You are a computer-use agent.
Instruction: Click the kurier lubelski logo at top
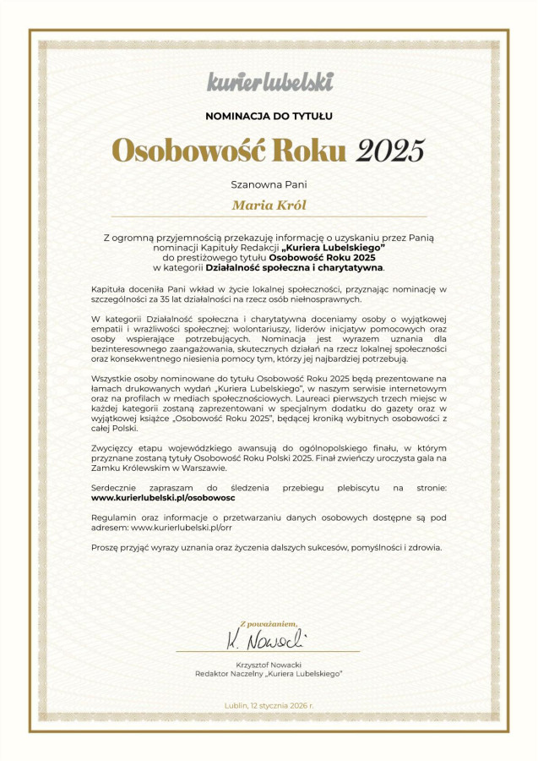coord(269,82)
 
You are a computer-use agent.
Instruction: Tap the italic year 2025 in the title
coord(389,150)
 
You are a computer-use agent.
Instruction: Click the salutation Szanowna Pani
coord(269,183)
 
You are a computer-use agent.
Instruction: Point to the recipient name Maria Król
coord(269,205)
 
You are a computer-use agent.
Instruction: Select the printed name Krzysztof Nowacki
coord(269,665)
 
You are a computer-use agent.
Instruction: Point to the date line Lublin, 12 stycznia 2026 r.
coord(269,705)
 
